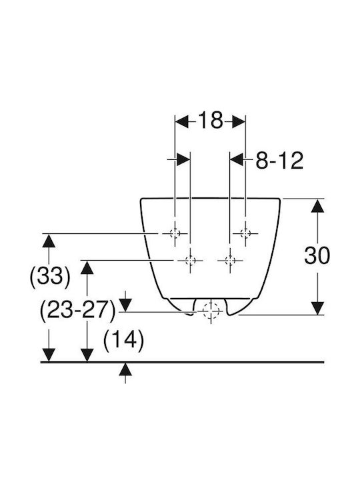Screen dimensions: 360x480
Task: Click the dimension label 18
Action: tap(211, 120)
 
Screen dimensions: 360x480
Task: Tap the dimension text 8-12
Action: tap(279, 160)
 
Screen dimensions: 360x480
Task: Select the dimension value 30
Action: tap(317, 255)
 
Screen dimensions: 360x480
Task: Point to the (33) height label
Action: tap(50, 276)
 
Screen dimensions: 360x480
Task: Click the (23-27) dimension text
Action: tap(78, 311)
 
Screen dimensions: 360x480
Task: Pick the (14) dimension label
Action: tap(124, 340)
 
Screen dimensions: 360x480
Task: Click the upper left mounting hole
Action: tap(175, 233)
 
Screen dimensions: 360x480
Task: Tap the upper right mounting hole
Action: tap(245, 233)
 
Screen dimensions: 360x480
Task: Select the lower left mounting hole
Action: tap(191, 261)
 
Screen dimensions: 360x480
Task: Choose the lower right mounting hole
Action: tap(230, 261)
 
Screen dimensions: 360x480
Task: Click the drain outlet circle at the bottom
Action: tap(211, 311)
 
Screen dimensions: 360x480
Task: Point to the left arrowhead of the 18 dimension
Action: tap(181, 121)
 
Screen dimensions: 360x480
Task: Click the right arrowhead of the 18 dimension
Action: tap(239, 121)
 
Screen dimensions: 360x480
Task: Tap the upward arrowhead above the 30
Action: tap(317, 205)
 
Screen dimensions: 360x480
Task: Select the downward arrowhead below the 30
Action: tap(317, 308)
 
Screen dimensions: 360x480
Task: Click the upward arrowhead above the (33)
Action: tap(49, 241)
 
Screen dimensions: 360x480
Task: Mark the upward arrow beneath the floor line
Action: tap(125, 373)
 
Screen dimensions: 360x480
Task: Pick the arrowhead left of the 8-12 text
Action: tap(237, 159)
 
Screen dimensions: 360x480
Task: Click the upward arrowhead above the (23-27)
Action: tap(87, 267)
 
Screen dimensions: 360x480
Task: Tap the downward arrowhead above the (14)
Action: tap(125, 305)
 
